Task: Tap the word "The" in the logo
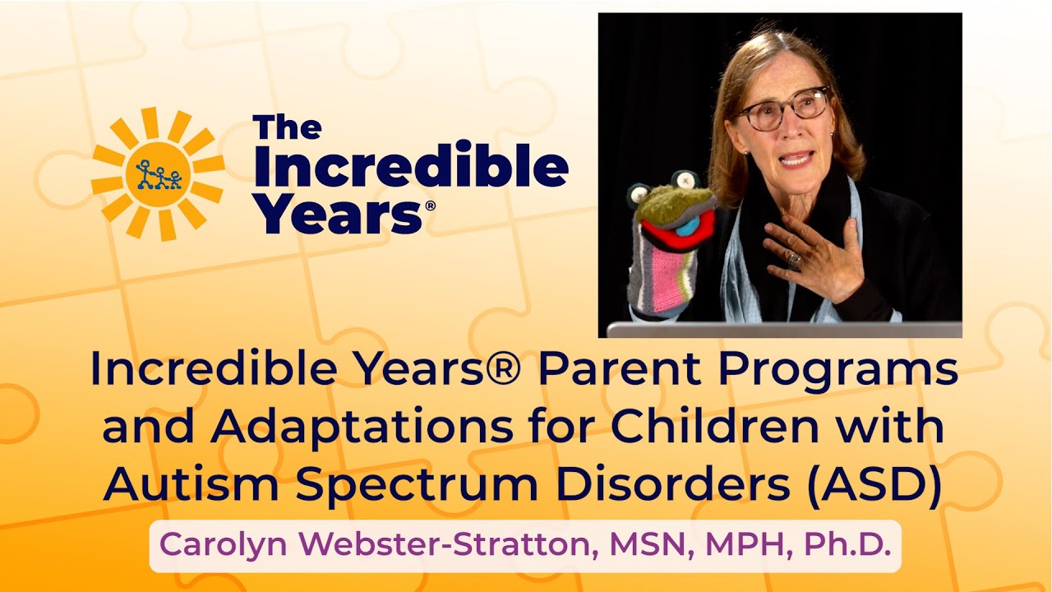[287, 128]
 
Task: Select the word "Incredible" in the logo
[410, 168]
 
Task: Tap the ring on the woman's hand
[793, 259]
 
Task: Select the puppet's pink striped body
[657, 280]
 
